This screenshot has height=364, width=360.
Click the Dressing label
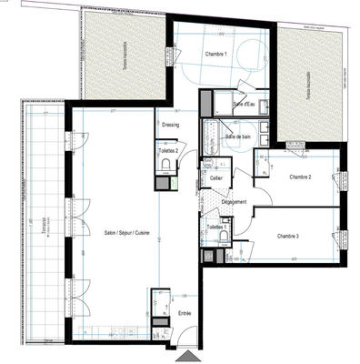170,125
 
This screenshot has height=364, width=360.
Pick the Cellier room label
216,178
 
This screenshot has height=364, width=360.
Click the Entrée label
184,312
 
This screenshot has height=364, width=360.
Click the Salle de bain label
239,136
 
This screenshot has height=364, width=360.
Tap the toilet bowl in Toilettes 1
223,238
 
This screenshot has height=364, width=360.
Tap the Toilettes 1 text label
215,225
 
